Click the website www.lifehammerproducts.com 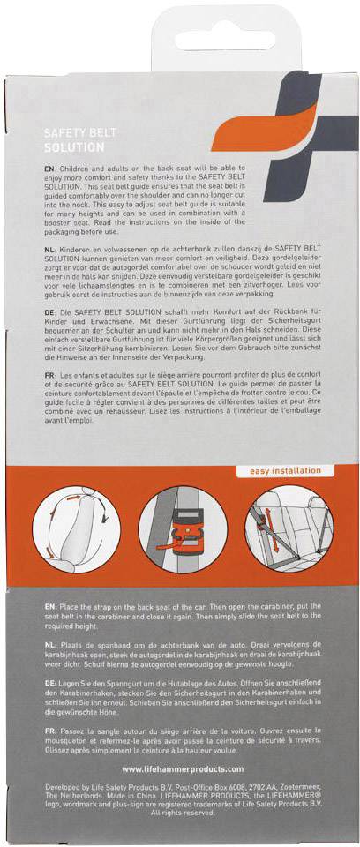tap(181, 768)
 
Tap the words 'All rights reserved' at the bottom tap(181, 813)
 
